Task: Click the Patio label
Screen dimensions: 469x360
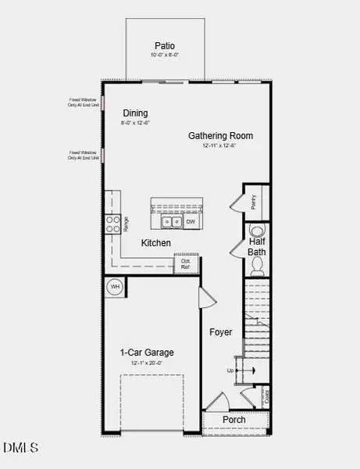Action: [x=165, y=45]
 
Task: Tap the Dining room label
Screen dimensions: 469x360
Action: [x=134, y=113]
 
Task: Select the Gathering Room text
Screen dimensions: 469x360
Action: [x=221, y=135]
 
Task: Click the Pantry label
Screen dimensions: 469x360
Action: [x=254, y=202]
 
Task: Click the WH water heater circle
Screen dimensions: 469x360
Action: [x=114, y=286]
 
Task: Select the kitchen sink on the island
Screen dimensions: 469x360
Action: [x=172, y=222]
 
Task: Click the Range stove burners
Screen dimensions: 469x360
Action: [x=112, y=225]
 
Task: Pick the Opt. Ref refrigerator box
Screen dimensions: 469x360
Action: [x=186, y=263]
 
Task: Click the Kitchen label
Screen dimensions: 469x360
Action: [x=155, y=244]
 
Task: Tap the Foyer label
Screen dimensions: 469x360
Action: [x=221, y=332]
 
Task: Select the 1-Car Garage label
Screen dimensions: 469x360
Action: [x=146, y=353]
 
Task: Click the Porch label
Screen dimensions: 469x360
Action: [x=234, y=420]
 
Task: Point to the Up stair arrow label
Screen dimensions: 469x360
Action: [x=230, y=370]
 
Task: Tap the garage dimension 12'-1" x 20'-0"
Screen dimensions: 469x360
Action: [x=146, y=363]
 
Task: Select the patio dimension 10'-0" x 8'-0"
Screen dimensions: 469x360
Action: [x=165, y=55]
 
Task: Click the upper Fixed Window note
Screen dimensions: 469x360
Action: [x=84, y=102]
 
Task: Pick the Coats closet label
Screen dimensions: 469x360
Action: [x=266, y=396]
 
